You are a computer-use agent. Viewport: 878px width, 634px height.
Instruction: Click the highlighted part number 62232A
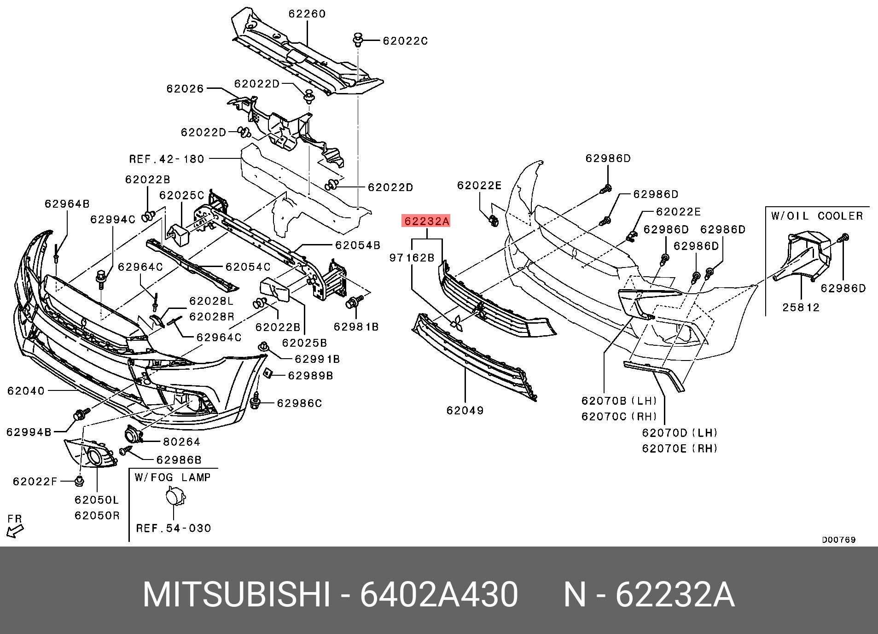(x=426, y=221)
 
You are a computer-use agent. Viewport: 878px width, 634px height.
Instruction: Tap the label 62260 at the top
(x=307, y=14)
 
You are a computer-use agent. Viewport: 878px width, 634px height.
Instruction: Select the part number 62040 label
(x=26, y=391)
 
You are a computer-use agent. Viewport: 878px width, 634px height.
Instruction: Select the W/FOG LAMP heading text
(x=173, y=477)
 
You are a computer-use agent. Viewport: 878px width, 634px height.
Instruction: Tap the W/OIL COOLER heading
(x=817, y=216)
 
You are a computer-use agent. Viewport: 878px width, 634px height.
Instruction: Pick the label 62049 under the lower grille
(x=465, y=410)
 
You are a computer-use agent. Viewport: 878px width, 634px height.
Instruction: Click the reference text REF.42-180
(x=167, y=159)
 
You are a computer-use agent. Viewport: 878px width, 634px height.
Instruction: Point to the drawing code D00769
(x=839, y=540)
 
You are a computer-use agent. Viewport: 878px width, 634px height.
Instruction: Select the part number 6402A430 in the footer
(x=439, y=595)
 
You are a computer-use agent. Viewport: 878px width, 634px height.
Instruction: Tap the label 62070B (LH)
(x=619, y=401)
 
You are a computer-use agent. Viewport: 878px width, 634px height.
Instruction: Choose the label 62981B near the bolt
(x=356, y=327)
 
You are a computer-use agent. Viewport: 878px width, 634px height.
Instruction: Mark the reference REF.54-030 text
(x=174, y=528)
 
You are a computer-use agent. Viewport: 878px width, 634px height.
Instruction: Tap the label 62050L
(x=97, y=500)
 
